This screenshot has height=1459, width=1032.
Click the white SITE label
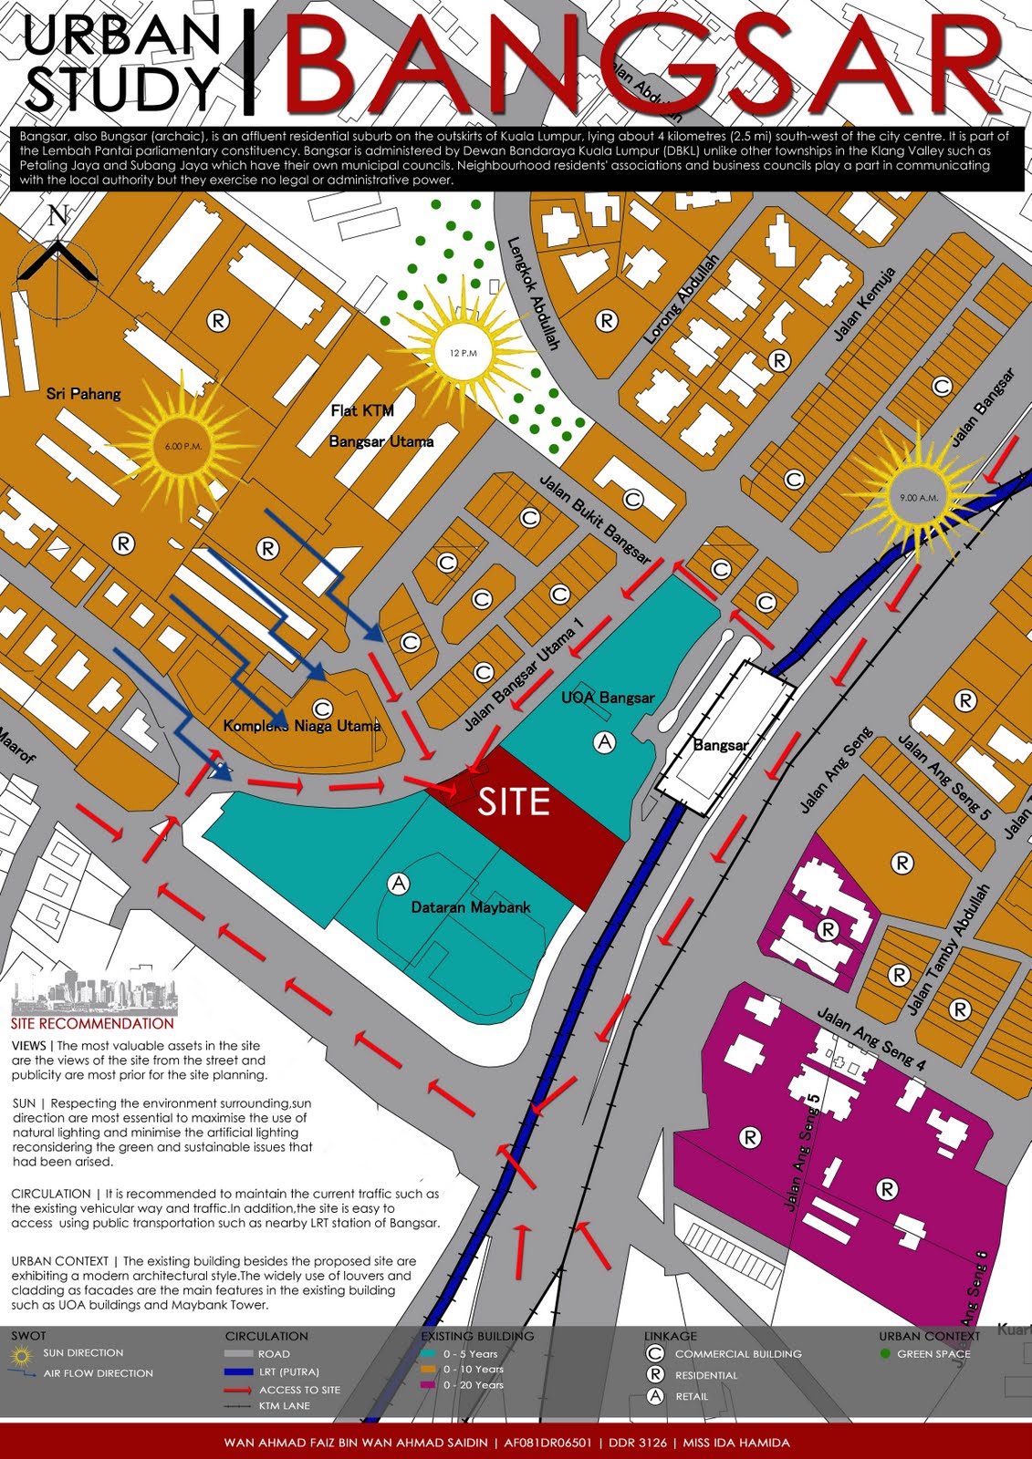[x=514, y=802]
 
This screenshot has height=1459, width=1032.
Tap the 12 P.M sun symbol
[x=463, y=352]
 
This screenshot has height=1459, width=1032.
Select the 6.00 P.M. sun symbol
[x=183, y=446]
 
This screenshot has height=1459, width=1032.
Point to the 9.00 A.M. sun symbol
[x=918, y=498]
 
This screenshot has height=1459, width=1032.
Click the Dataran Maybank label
[x=471, y=907]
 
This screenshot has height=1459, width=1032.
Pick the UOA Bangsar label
[x=608, y=698]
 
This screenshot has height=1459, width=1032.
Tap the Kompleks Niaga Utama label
[x=301, y=726]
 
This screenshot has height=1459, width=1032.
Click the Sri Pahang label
[x=83, y=394]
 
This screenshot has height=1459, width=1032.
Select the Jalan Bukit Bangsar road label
[x=595, y=518]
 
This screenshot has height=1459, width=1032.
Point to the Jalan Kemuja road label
[x=864, y=305]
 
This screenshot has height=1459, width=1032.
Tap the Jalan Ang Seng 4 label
[x=871, y=1039]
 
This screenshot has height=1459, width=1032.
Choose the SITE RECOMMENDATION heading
[x=93, y=1024]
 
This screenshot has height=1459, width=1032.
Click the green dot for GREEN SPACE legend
[x=884, y=1353]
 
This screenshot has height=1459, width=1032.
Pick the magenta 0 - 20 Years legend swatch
[x=427, y=1385]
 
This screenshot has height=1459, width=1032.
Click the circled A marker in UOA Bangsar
[x=604, y=742]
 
